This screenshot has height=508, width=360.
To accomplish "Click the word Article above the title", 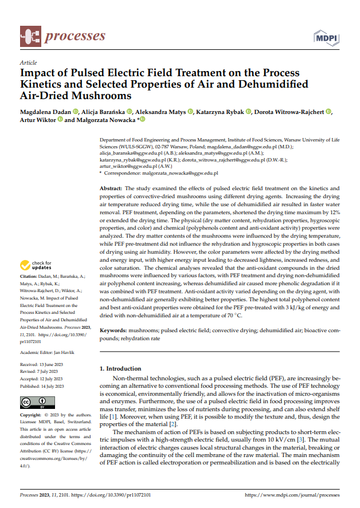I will coord(28,63).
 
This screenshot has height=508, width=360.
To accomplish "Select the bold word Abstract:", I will coord(111,188).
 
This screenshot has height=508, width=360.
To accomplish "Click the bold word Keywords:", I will coord(114,331).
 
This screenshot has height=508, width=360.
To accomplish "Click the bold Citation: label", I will coord(30,277).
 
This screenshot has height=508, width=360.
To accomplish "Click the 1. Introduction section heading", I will coord(120,369).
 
